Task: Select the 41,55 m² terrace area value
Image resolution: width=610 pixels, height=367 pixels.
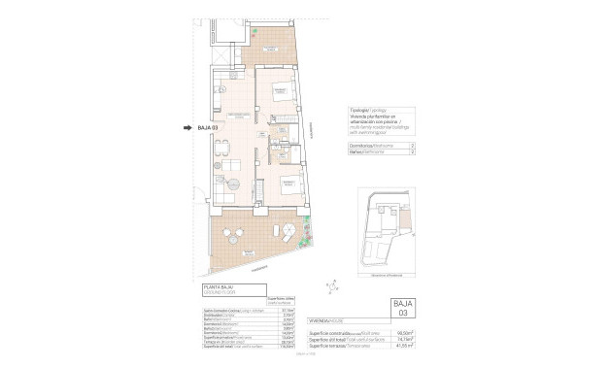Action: point(405,347)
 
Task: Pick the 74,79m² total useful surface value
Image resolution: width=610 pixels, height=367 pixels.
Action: point(405,340)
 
